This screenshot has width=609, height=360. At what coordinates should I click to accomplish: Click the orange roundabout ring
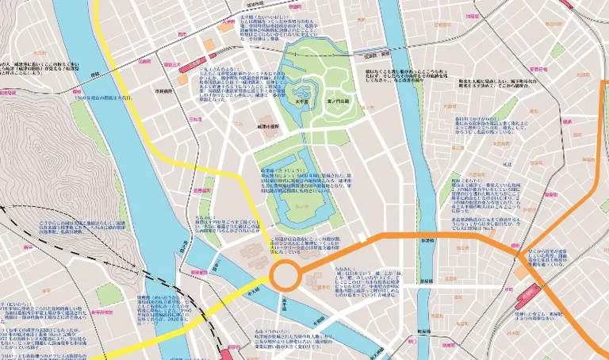tap(285, 278)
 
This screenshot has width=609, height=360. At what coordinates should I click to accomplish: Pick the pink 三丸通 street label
tap(194, 119)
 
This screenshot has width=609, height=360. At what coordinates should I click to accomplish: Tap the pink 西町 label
tap(182, 34)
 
